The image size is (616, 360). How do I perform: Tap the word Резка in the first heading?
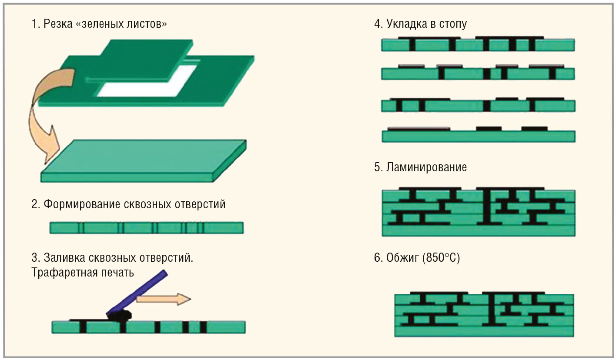(58, 23)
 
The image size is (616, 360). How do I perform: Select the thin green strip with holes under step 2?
(146, 227)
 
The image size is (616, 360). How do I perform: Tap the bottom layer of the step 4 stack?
(479, 136)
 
